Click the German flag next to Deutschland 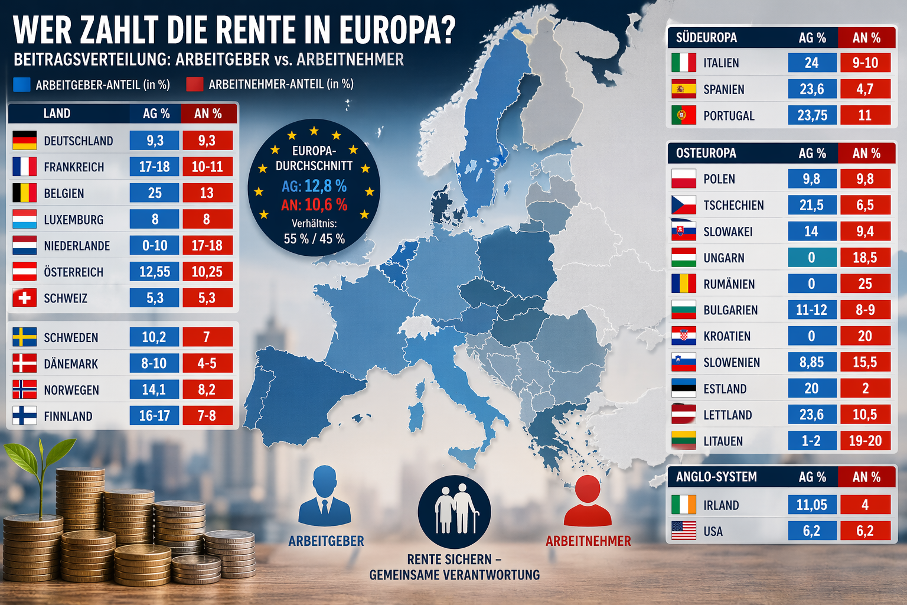point(24,141)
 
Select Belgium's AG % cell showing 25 point(154,193)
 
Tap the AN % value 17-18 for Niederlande point(207,245)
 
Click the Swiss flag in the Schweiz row point(24,298)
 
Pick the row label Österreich point(73,272)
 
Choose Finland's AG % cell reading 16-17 point(154,416)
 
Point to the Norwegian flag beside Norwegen point(24,389)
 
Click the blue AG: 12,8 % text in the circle point(314,187)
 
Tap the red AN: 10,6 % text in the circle point(314,205)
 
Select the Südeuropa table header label point(706,38)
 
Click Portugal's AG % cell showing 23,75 point(812,115)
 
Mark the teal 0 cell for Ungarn point(812,258)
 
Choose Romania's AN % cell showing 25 point(865,284)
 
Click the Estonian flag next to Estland point(683,388)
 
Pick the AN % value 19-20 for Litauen point(865,441)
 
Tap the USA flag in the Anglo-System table point(683,531)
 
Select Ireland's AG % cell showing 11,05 point(812,505)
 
